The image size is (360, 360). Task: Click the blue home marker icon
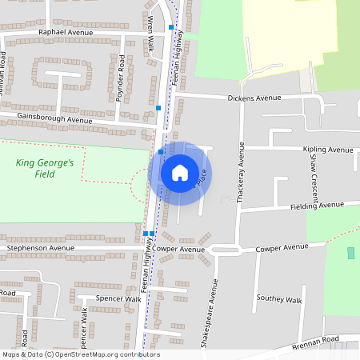[180, 172]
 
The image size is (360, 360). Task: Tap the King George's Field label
[45, 168]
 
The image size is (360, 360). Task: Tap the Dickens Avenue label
[254, 98]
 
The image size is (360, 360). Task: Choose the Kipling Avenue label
[328, 150]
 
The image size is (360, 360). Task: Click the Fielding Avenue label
[318, 205]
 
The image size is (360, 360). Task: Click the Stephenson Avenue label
[46, 249]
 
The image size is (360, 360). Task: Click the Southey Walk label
[279, 299]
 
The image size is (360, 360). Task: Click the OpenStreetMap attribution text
[80, 354]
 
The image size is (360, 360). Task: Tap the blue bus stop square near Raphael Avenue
[171, 27]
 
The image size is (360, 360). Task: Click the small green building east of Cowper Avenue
[350, 253]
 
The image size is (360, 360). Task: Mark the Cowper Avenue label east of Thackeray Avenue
[282, 249]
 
